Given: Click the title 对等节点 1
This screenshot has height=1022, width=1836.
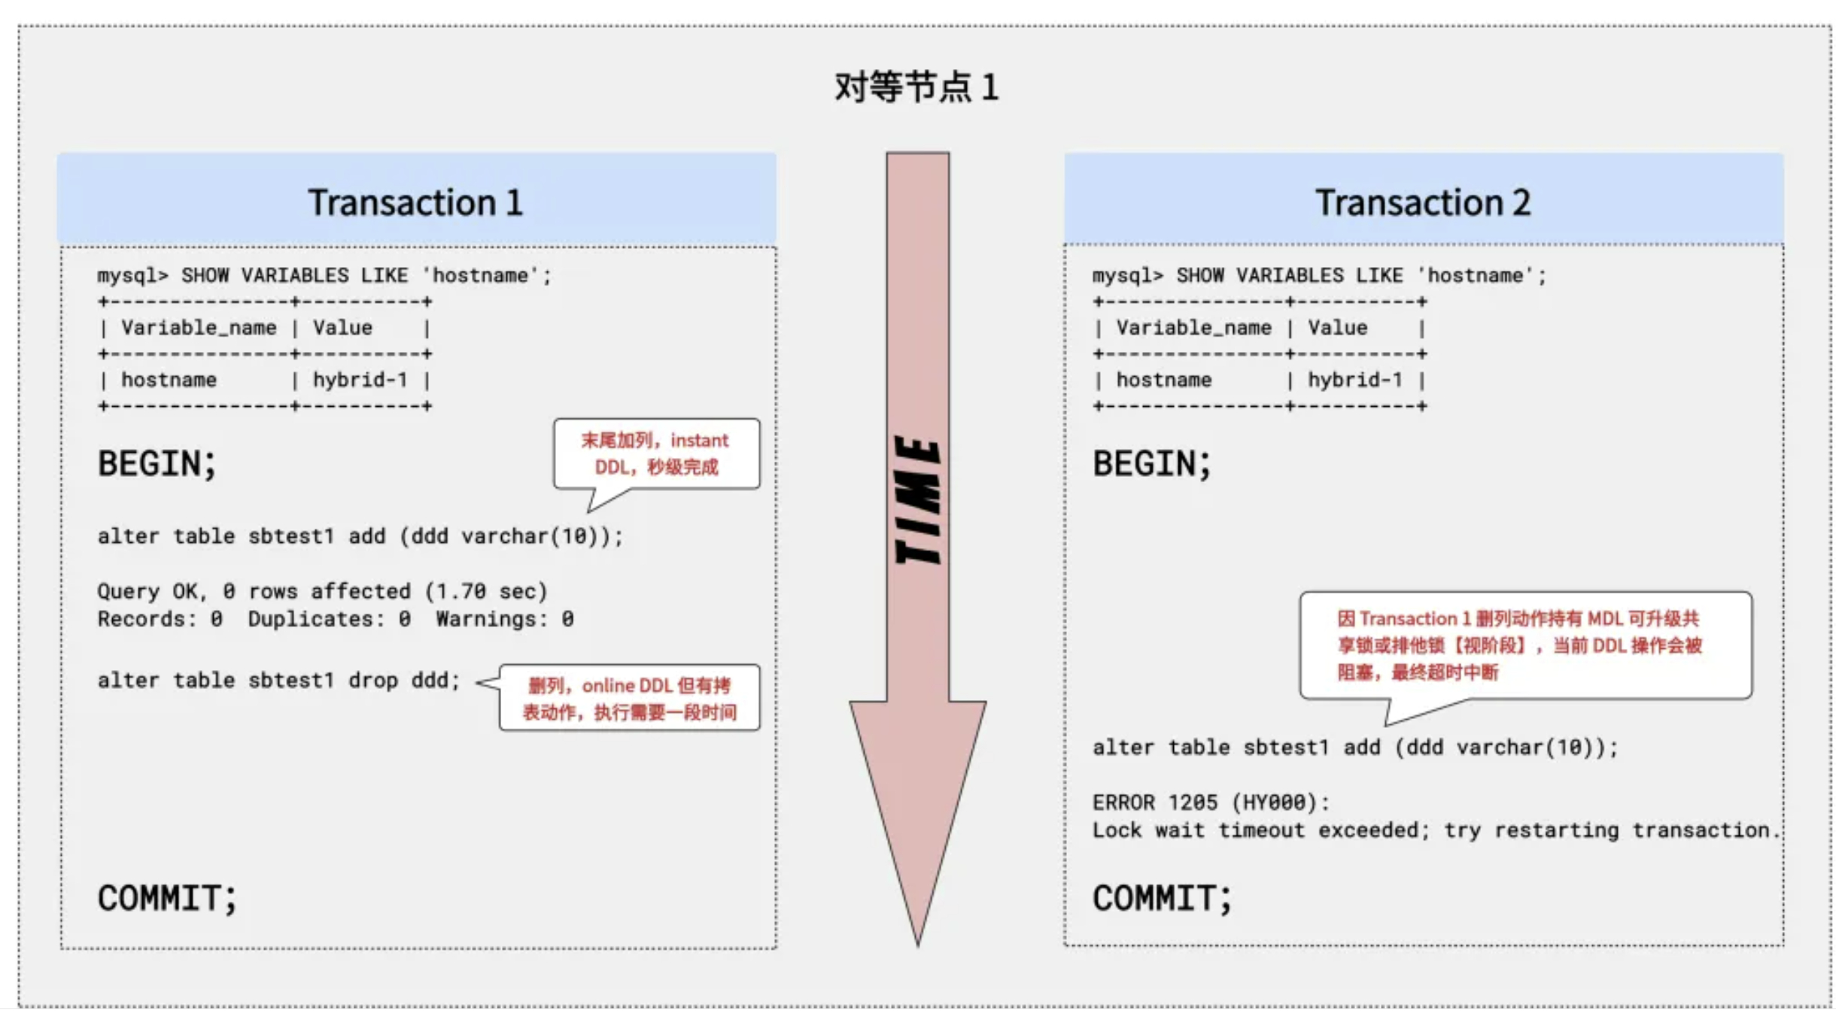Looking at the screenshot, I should pos(916,87).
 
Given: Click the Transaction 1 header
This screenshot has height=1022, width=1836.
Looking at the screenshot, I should pos(415,202).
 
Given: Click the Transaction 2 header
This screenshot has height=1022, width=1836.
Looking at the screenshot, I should pos(1422,202).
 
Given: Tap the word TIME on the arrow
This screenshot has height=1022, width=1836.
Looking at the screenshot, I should pos(917,500).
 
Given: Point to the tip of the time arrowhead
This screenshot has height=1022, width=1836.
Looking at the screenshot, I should pos(917,942).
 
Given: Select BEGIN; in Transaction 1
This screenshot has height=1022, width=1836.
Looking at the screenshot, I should pos(157,463).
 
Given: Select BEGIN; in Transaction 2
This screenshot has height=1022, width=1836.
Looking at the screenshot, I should pos(1151,463).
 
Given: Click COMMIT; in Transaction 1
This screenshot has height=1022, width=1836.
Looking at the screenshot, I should pos(167,898).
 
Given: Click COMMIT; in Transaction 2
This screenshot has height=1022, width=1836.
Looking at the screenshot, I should pos(1162,898).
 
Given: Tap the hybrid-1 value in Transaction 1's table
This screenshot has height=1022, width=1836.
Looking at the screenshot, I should pos(360,380).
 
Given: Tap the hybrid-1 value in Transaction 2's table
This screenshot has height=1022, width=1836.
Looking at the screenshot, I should pos(1354,380).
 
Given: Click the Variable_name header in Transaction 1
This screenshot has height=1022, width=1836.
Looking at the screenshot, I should pos(199,328).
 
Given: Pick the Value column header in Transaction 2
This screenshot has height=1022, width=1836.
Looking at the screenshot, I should pos(1337,328).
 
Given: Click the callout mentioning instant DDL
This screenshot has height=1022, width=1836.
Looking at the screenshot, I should pos(655,453).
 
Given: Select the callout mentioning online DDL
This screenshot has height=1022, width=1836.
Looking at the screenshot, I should pos(629,698).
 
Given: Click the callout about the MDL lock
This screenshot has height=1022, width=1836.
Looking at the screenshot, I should pos(1524,645).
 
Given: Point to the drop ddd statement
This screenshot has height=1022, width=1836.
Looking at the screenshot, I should pos(278,681).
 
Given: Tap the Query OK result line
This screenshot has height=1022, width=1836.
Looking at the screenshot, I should pos(322,591).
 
